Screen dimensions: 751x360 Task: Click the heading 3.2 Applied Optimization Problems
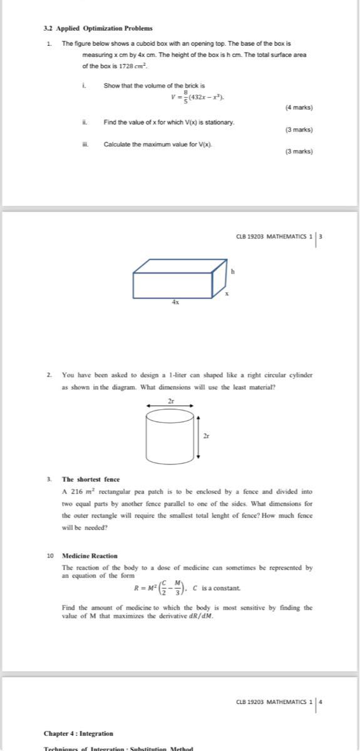(98, 28)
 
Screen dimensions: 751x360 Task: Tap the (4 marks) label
(299, 108)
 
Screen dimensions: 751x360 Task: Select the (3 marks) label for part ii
(299, 130)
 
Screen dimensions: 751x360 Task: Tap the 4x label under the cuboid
(176, 302)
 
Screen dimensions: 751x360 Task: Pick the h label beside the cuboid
(232, 272)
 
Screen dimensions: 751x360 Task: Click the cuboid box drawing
(178, 278)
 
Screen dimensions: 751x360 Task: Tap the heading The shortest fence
(91, 479)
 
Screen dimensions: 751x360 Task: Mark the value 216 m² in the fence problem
(78, 492)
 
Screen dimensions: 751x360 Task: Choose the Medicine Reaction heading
(89, 555)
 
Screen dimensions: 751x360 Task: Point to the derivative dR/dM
(200, 616)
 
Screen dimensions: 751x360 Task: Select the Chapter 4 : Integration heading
(78, 733)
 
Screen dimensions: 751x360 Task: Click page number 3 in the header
(321, 237)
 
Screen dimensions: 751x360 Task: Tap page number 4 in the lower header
(321, 702)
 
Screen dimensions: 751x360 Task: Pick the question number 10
(49, 555)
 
